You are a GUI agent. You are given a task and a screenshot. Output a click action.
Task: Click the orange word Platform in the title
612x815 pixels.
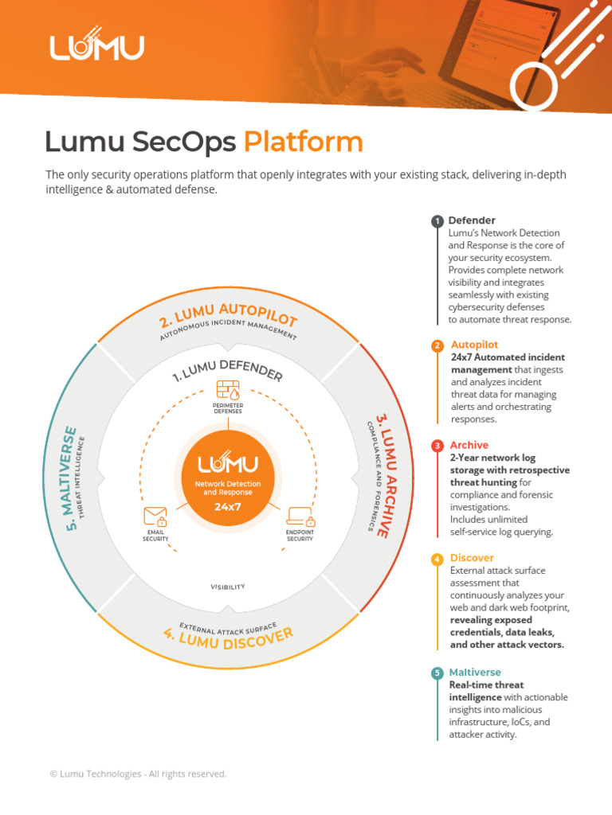(x=303, y=142)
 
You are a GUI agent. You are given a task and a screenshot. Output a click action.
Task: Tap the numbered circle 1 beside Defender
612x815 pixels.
(x=437, y=221)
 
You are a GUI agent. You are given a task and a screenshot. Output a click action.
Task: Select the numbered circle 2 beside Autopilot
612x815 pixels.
(x=437, y=345)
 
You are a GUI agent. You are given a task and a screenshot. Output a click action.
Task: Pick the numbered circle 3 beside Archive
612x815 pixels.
(x=437, y=446)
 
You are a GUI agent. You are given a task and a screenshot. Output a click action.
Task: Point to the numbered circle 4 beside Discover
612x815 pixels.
(x=437, y=559)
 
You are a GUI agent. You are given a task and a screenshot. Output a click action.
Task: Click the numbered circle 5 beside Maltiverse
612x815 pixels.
(x=437, y=673)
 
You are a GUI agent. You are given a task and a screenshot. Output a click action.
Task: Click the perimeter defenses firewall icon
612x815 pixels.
(x=228, y=390)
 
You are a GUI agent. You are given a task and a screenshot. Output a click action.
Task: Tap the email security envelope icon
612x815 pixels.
(x=155, y=517)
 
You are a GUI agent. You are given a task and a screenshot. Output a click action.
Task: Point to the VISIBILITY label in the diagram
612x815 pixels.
(x=228, y=587)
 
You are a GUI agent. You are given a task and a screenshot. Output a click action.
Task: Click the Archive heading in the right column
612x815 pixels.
(x=469, y=445)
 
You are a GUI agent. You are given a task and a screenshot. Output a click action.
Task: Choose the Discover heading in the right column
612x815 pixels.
(x=472, y=558)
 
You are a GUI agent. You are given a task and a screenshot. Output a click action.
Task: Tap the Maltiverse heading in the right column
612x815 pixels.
(x=475, y=673)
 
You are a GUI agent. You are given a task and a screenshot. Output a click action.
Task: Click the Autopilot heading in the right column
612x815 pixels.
(x=475, y=345)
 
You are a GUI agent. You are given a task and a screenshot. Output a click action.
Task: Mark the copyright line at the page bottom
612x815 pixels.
(x=138, y=774)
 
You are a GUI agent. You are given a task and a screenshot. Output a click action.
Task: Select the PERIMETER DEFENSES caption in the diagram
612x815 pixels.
(x=228, y=409)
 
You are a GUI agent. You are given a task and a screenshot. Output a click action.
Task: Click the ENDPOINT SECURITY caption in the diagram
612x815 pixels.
(x=300, y=536)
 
